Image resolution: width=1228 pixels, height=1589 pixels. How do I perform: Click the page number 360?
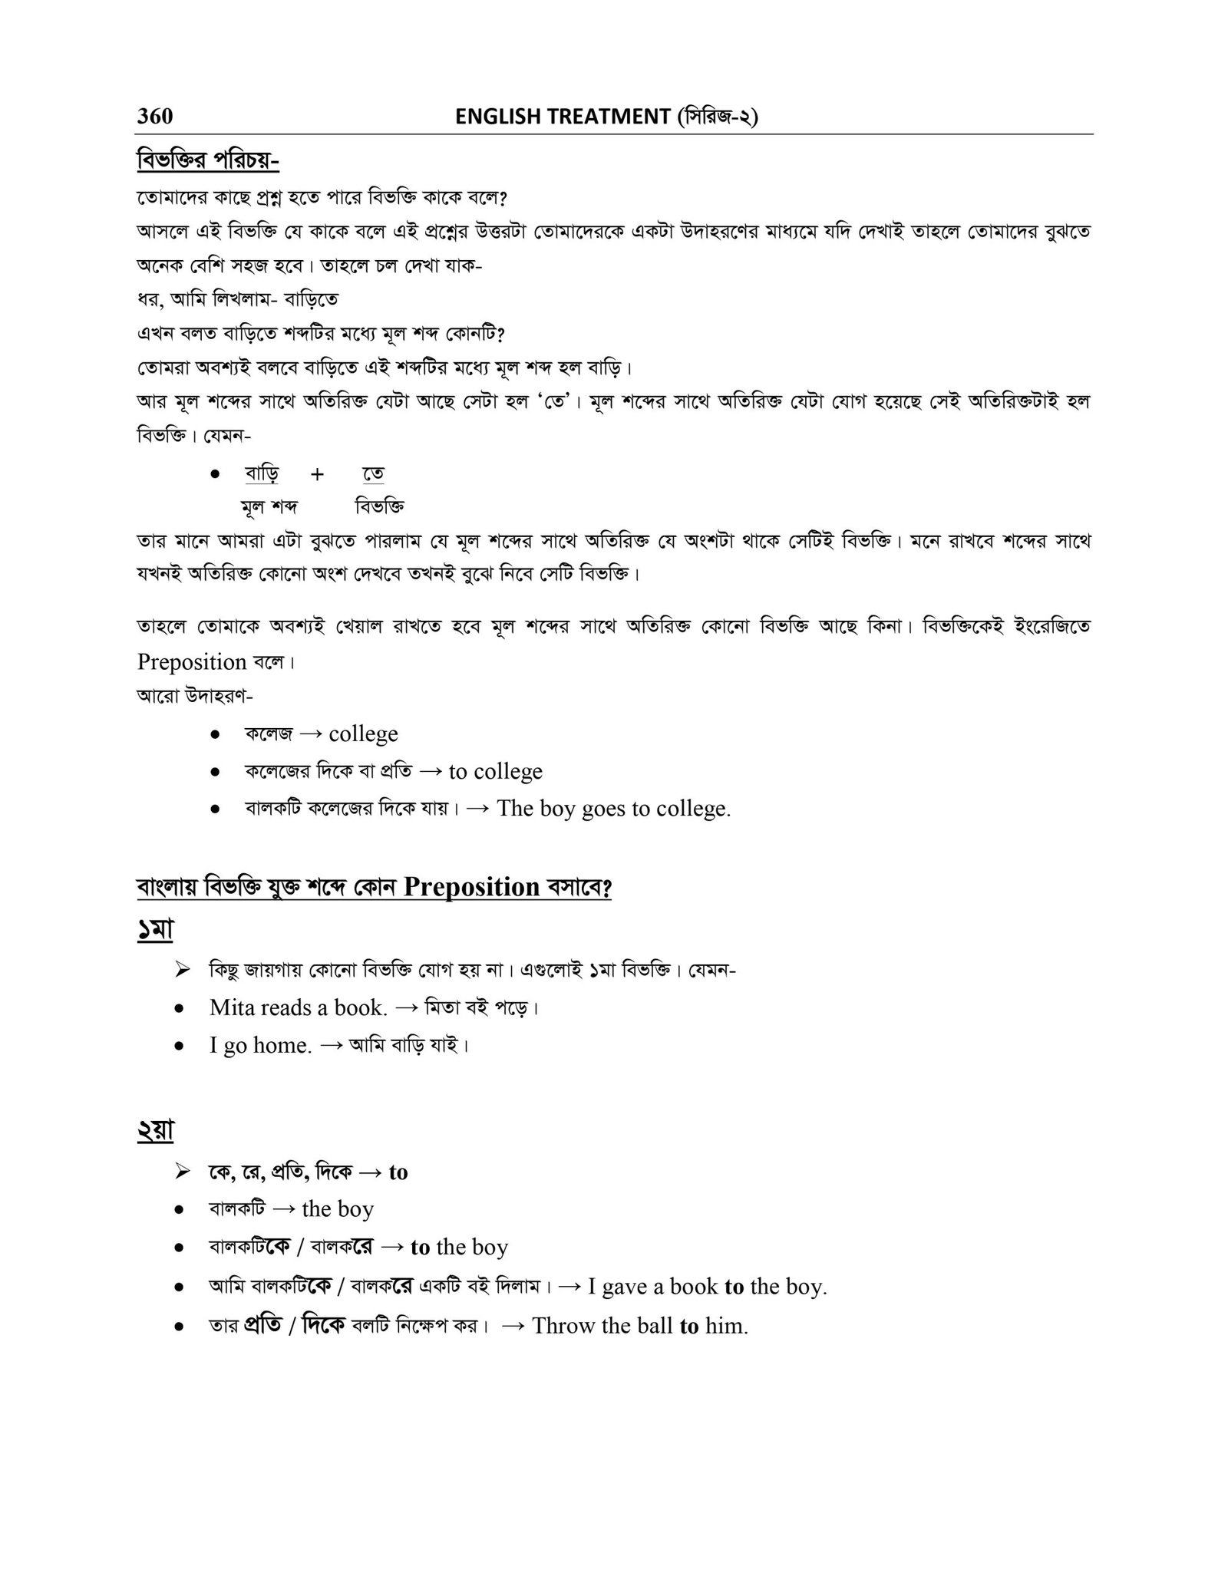point(155,116)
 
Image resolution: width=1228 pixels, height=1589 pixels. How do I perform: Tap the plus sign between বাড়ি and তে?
point(317,474)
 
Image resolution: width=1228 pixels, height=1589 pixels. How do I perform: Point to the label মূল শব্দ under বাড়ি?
point(269,506)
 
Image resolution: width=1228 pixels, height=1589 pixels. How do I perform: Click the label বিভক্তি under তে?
point(379,506)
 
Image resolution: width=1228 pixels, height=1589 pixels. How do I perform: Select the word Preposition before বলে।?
point(192,661)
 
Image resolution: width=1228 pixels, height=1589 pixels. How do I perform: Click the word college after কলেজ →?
point(363,734)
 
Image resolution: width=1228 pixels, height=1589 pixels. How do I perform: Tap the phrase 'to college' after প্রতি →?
point(495,771)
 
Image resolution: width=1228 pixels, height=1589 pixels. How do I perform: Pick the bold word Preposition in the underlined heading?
point(471,887)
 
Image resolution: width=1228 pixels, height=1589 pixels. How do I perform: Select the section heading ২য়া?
point(156,1131)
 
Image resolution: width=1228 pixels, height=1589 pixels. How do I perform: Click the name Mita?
point(232,1007)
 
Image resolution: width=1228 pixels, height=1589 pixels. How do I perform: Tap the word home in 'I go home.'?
point(281,1045)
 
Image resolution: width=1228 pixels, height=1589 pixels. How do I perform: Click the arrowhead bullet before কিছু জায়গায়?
point(182,971)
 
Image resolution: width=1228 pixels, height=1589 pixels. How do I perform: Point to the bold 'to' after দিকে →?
point(398,1172)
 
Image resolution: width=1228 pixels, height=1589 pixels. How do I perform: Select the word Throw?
point(563,1325)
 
